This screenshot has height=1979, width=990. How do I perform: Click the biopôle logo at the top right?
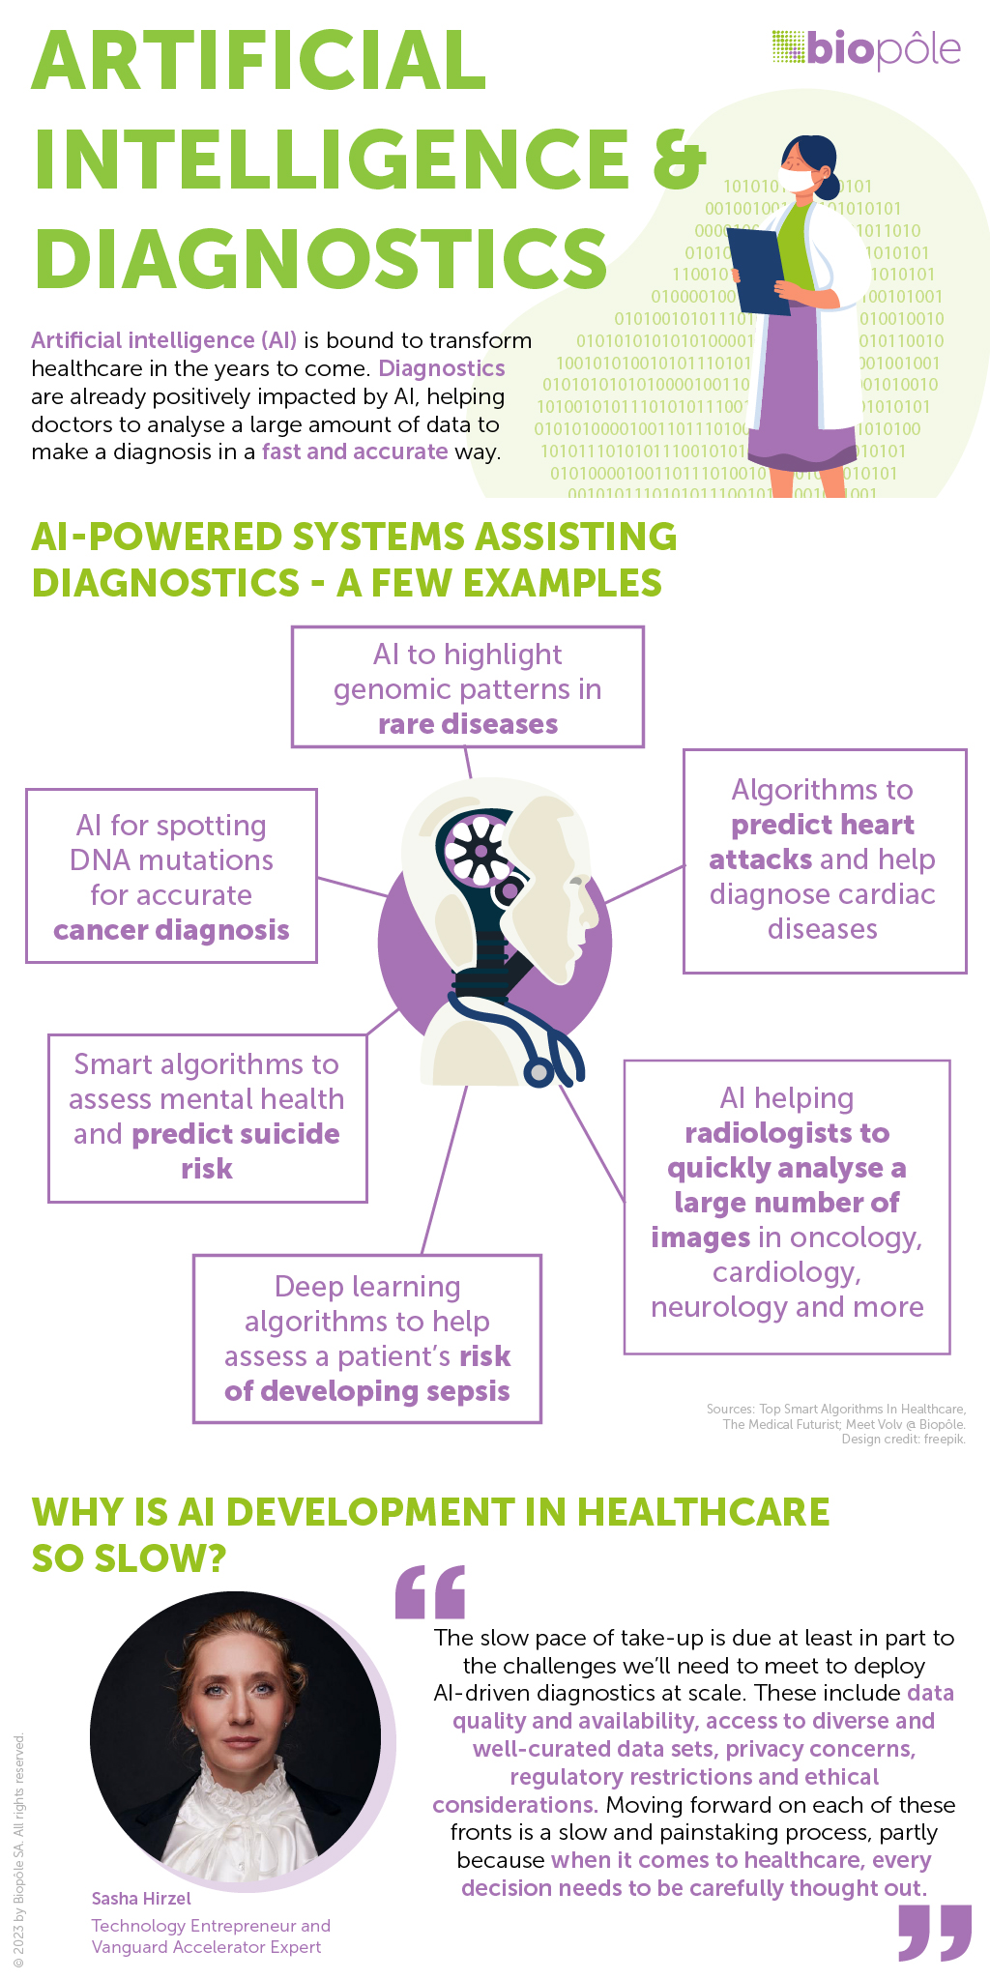point(866,48)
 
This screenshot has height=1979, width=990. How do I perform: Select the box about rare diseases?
point(468,687)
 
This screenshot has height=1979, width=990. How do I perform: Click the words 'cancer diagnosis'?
point(172,930)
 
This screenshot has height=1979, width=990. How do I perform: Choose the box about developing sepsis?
point(367,1339)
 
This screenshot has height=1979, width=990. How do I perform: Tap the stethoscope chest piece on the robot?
point(538,1072)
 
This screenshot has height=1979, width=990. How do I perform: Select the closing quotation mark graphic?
point(934,1934)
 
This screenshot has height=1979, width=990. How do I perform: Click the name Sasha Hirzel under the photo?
point(141,1898)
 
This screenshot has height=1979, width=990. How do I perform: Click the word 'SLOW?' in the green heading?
point(130,1557)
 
